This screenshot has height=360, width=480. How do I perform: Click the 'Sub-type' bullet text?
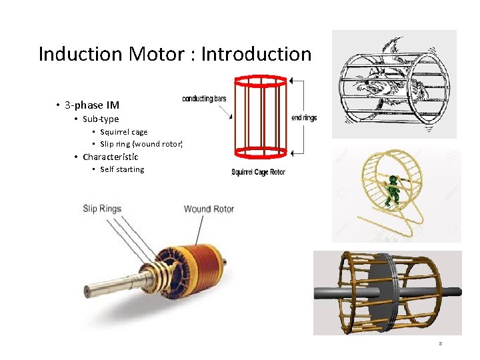point(101,119)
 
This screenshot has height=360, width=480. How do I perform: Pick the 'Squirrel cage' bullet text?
point(124,132)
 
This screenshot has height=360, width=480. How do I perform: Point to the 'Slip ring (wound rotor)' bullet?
point(141,144)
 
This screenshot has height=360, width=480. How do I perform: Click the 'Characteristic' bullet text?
point(111,157)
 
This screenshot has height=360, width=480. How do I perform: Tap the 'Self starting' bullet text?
point(122,169)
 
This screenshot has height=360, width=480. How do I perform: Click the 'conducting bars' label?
point(204,99)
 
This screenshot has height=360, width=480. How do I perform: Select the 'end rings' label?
point(304,118)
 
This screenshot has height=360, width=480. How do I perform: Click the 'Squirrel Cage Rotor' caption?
point(258,173)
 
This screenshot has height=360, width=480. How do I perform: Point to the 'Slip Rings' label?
point(102,209)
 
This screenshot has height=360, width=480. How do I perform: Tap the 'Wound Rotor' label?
point(209,209)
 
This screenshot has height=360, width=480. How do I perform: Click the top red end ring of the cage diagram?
point(261,81)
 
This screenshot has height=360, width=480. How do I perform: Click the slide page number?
point(441,344)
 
